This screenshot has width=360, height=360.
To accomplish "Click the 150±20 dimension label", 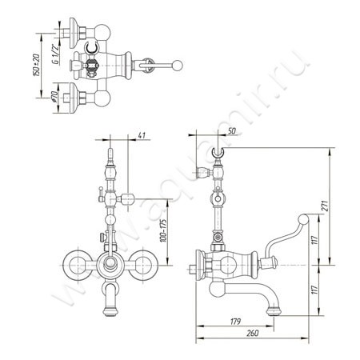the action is tap(37, 65).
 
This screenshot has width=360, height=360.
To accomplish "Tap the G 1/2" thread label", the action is tap(56, 54).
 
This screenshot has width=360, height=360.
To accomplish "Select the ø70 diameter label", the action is tap(54, 97).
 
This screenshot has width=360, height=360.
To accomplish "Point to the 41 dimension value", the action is tap(142, 135).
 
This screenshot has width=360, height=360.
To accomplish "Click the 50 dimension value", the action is tap(232, 130).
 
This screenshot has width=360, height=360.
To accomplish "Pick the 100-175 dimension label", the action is tap(163, 230).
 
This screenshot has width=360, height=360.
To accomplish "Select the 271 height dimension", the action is tap(326, 206).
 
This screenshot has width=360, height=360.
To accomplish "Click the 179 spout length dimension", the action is tap(235, 321).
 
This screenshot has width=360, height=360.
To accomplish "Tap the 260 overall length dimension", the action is tap(253, 333).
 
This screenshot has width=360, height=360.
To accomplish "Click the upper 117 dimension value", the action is tap(314, 240).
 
